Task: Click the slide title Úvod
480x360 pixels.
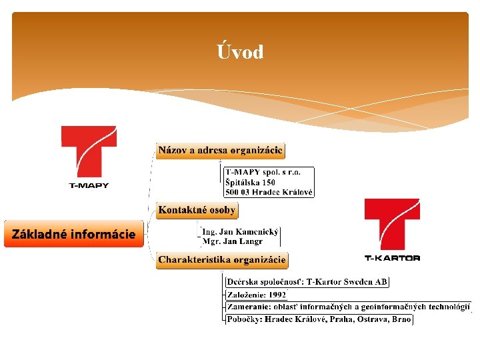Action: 240,52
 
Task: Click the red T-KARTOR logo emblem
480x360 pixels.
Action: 392,223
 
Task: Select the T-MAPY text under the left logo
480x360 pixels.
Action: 89,185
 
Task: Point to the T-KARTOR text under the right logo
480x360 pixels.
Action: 392,258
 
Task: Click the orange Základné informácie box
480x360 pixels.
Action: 73,234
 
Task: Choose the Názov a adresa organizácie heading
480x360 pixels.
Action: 221,150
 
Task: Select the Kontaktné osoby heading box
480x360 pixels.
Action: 197,210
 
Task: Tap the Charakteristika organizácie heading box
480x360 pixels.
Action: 222,259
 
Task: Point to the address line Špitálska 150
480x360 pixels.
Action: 251,182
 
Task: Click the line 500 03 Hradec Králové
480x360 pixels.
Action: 269,192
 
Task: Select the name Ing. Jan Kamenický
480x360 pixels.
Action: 241,231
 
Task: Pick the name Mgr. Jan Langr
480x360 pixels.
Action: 232,241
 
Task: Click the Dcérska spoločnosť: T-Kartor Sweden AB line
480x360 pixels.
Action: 307,281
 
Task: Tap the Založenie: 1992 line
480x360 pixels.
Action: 257,294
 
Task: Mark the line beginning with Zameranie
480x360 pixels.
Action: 348,307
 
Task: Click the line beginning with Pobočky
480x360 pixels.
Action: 319,319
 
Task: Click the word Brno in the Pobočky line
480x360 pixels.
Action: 401,319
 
